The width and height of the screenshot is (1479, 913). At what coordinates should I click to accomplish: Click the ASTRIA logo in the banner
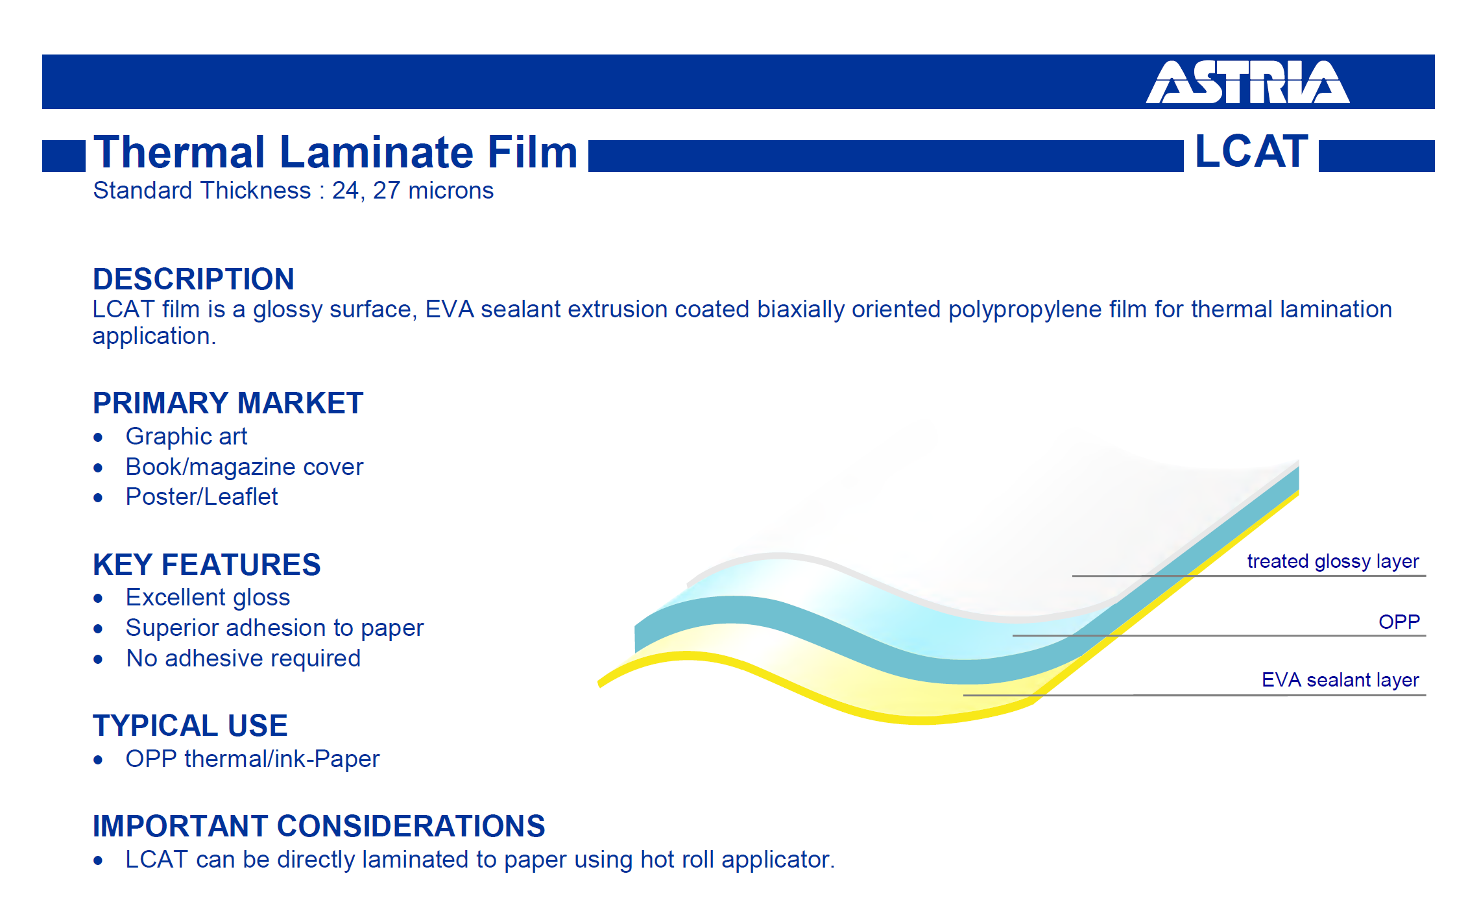[x=1247, y=82]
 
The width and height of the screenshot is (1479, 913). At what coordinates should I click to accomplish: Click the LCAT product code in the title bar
[x=1251, y=151]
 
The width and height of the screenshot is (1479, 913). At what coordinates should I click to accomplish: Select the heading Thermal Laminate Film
[x=335, y=152]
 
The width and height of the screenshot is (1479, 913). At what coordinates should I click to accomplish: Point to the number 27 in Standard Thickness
[x=387, y=191]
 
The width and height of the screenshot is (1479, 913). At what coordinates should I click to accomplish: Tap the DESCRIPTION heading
[x=193, y=279]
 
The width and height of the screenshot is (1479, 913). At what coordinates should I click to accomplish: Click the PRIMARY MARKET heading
[x=228, y=403]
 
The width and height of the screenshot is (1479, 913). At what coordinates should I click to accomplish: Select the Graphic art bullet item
[x=186, y=436]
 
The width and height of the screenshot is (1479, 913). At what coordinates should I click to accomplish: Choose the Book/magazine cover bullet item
[x=245, y=467]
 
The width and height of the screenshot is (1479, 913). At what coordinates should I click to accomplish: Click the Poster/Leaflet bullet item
[x=202, y=497]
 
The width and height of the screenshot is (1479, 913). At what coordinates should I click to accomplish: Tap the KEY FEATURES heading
[x=206, y=565]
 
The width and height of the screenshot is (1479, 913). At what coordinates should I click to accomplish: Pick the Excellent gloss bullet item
[x=208, y=598]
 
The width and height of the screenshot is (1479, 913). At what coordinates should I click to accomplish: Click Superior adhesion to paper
[x=274, y=628]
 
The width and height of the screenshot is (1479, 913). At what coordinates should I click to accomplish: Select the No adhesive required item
[x=243, y=659]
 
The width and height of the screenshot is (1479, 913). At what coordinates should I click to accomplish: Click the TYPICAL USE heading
[x=190, y=725]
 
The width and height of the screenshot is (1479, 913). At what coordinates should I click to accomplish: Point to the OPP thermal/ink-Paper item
[x=252, y=759]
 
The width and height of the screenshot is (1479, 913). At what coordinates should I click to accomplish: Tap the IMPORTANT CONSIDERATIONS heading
[x=319, y=826]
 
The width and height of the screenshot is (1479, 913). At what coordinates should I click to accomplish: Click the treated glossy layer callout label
[x=1333, y=561]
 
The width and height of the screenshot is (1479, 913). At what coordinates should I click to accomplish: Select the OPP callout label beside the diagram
[x=1399, y=622]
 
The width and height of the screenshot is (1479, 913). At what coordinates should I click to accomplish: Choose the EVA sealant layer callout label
[x=1340, y=680]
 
